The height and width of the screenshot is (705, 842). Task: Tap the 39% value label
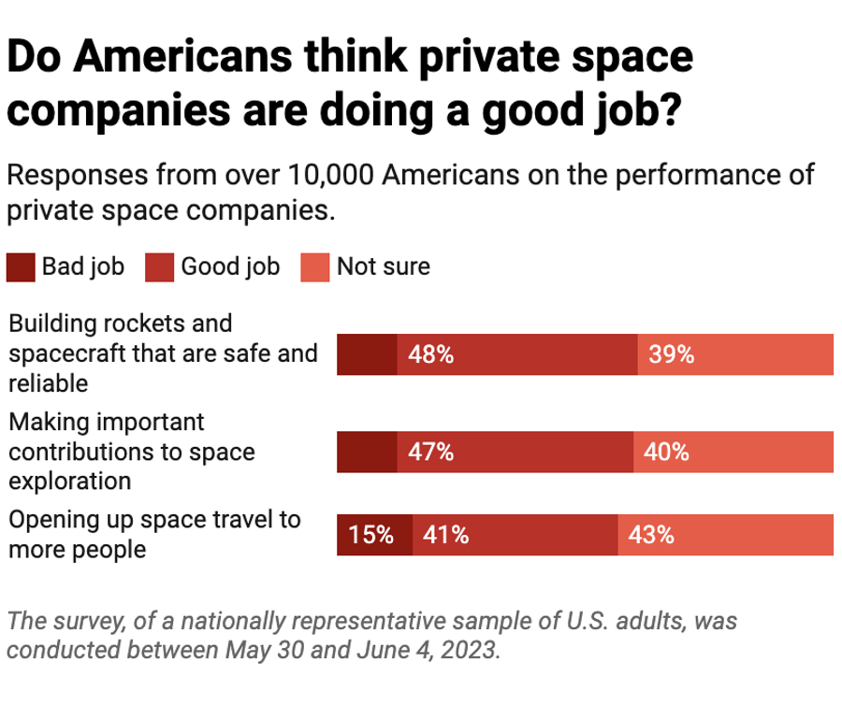[x=671, y=354]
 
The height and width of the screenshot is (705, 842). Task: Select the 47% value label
[x=430, y=453]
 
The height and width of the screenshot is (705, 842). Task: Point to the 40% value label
[x=666, y=453]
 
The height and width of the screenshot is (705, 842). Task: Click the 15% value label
[x=371, y=536]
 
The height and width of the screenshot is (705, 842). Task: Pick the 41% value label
[x=446, y=536]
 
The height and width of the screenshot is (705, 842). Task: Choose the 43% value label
[x=651, y=536]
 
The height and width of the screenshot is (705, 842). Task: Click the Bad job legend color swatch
[x=21, y=267]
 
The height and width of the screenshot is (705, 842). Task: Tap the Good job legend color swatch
[x=159, y=267]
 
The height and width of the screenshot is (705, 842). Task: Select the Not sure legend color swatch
[x=314, y=267]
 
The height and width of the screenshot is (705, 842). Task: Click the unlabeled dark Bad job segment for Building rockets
[x=367, y=354]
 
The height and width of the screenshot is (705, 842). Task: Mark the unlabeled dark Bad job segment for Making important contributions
[x=367, y=453]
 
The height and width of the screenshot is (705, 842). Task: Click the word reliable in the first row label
[x=48, y=383]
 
